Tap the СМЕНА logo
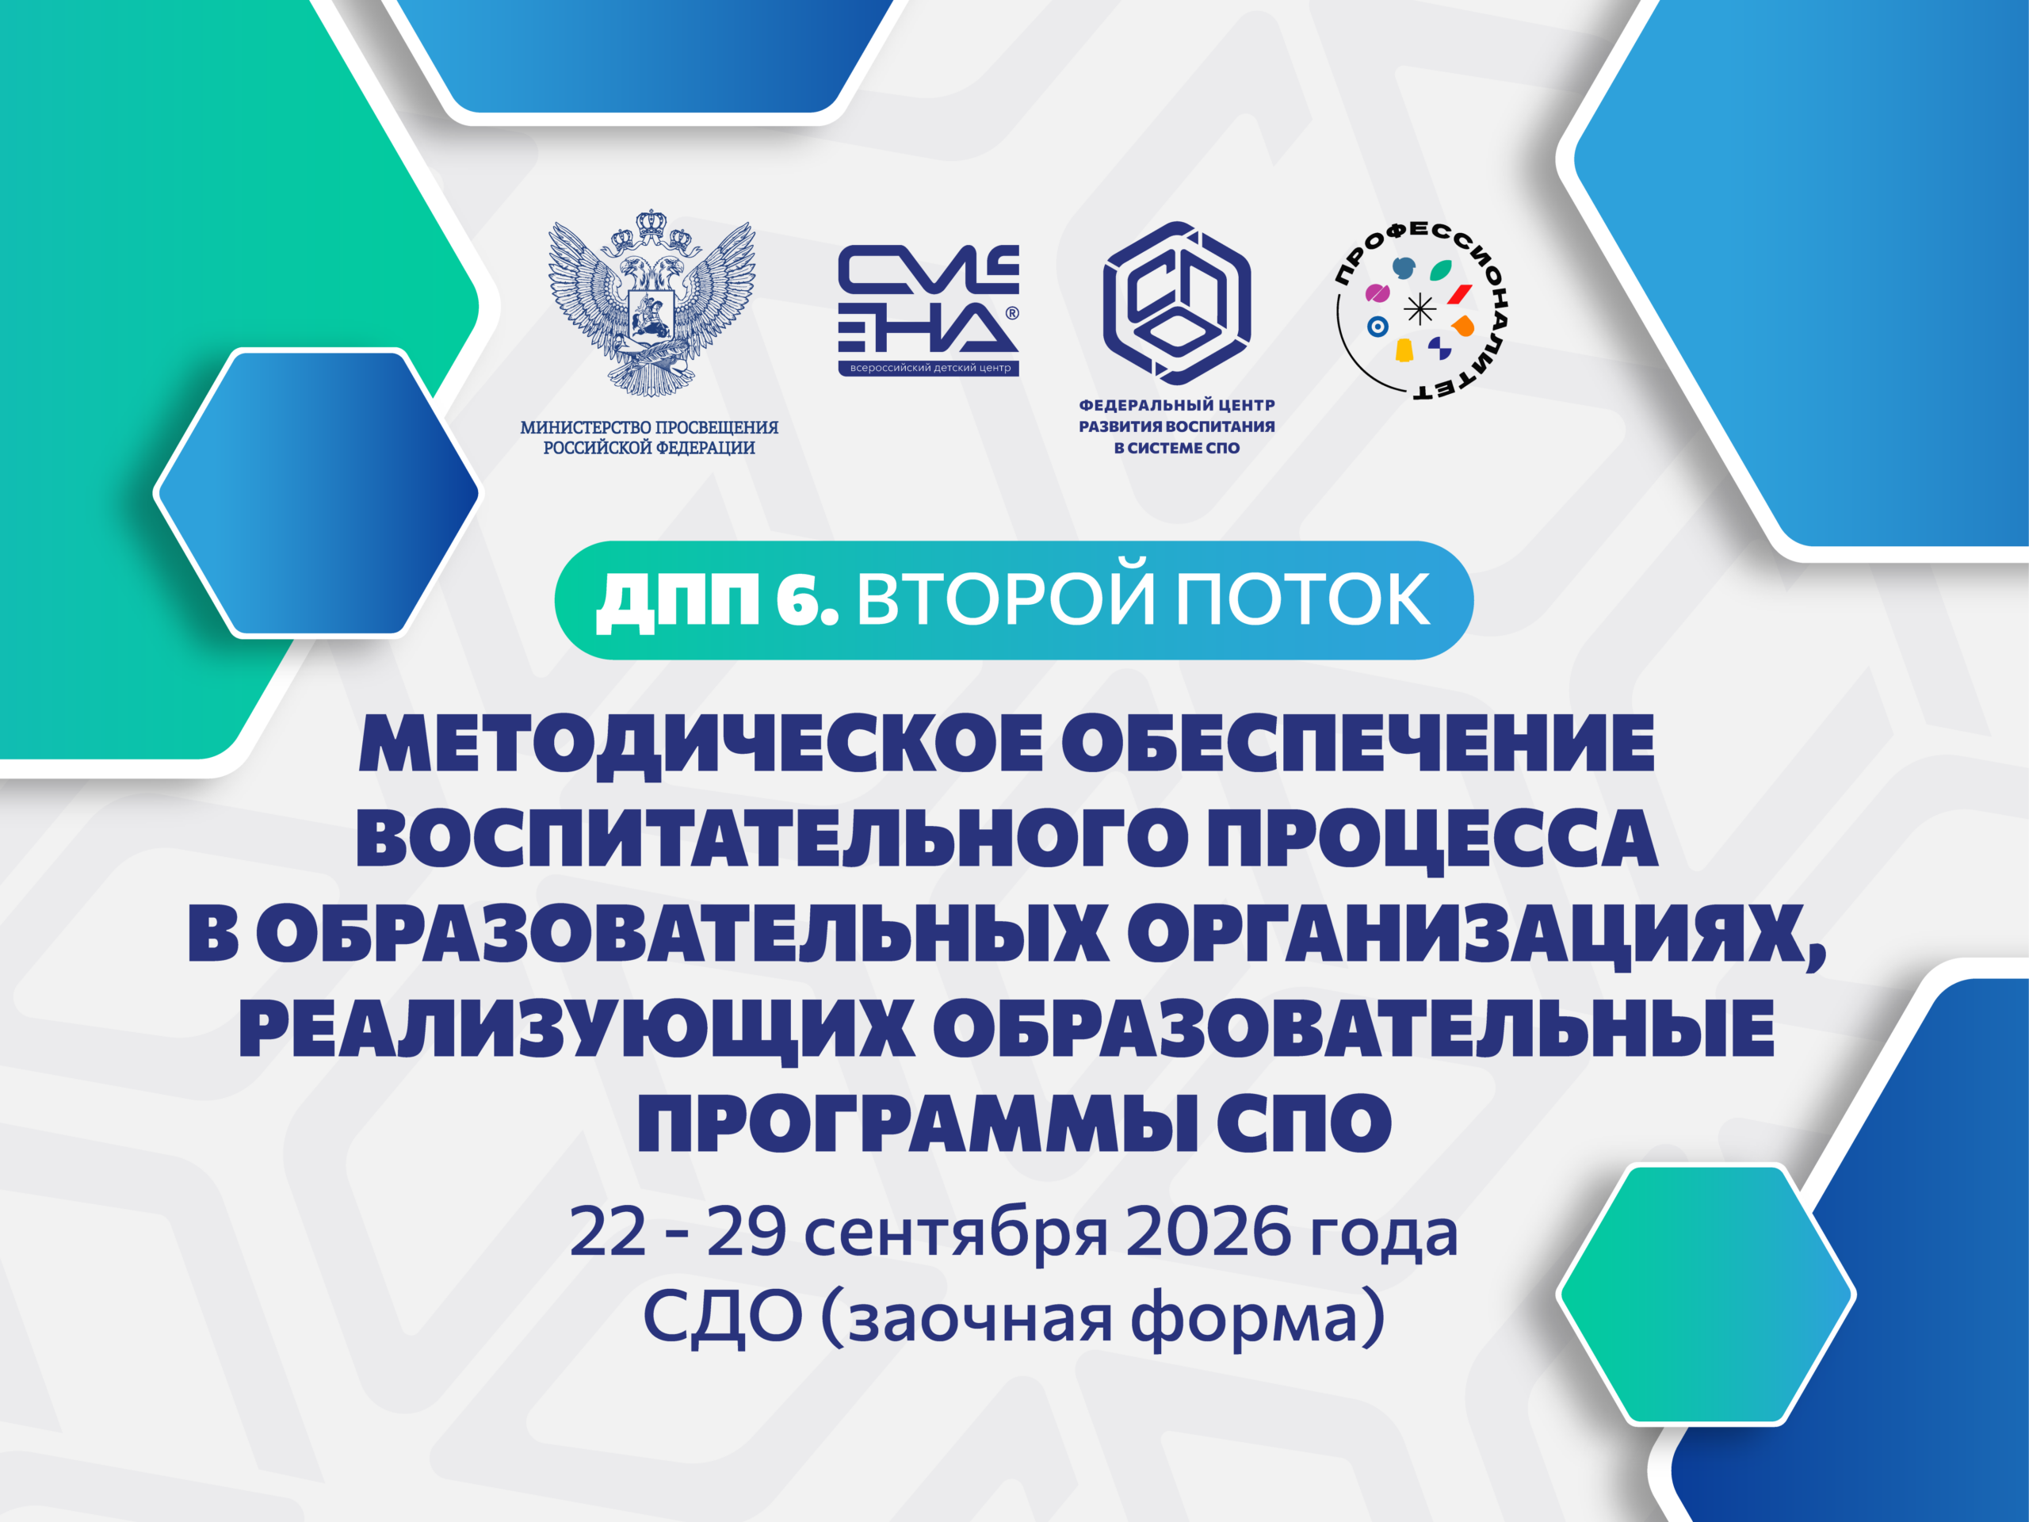[x=928, y=310]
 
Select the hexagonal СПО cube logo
[x=1177, y=303]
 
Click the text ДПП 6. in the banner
[x=717, y=601]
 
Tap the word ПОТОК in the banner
[x=1302, y=600]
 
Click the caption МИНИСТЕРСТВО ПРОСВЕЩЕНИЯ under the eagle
[x=649, y=427]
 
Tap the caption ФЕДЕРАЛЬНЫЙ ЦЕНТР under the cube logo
[x=1177, y=404]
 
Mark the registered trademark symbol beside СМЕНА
[x=1013, y=313]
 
